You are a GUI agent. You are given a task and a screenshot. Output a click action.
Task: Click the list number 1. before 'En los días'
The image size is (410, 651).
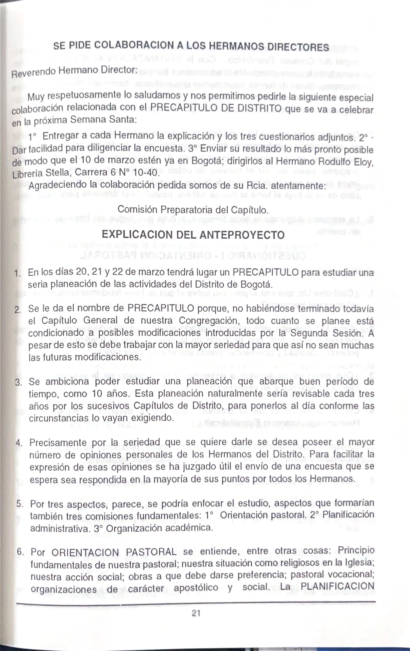(x=18, y=274)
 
